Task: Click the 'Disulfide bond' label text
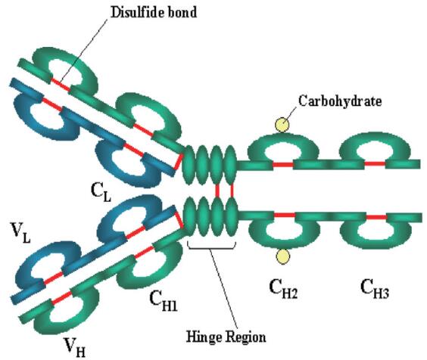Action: coord(154,12)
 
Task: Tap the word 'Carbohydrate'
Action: coord(340,101)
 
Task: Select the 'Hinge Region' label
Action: coord(226,337)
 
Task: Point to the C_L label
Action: coord(101,192)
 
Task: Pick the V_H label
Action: coord(75,347)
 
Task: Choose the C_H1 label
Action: coord(164,301)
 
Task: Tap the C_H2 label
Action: coord(283,289)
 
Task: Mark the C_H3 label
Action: coord(375,289)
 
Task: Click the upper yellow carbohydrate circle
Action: coord(282,125)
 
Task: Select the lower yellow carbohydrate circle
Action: coord(282,256)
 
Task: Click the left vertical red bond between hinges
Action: coord(217,190)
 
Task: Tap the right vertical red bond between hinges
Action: coord(232,190)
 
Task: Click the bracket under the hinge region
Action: coord(211,246)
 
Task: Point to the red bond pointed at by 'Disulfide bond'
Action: coord(61,85)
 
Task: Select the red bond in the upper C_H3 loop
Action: coord(375,164)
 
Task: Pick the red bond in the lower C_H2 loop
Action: coord(285,216)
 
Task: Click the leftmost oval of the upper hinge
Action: coord(189,165)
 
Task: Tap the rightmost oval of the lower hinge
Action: coord(232,217)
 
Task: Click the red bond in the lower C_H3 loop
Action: coord(376,217)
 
